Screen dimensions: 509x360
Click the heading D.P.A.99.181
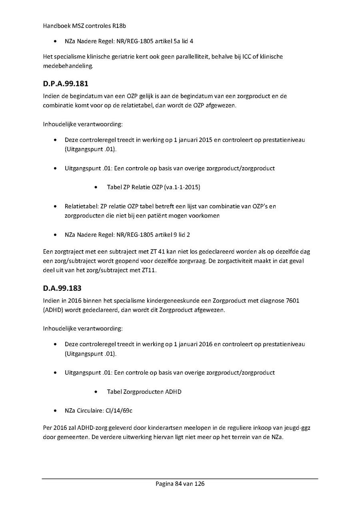(66, 84)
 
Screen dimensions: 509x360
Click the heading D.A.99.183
(62, 288)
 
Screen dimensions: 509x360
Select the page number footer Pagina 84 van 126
(180, 484)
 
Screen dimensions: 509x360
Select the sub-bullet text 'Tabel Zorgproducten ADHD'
(144, 392)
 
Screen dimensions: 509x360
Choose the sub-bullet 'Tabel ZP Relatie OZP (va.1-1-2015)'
(154, 187)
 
